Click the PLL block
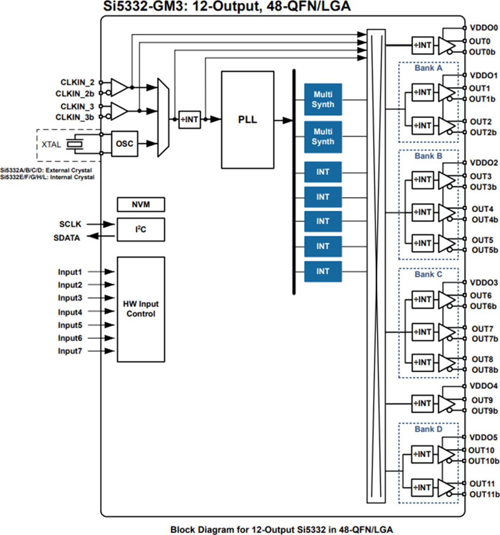pyautogui.click(x=248, y=119)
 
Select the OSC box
pyautogui.click(x=124, y=144)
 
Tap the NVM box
pyautogui.click(x=140, y=205)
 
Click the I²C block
pyautogui.click(x=140, y=230)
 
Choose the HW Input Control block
pyautogui.click(x=140, y=309)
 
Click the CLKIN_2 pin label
pyautogui.click(x=77, y=82)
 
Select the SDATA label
pyautogui.click(x=66, y=238)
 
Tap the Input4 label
pyautogui.click(x=70, y=312)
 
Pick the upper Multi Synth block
pyautogui.click(x=323, y=99)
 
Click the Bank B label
pyautogui.click(x=428, y=156)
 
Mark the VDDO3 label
pyautogui.click(x=483, y=283)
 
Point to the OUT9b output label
pyautogui.click(x=484, y=411)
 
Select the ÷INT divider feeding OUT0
pyautogui.click(x=422, y=45)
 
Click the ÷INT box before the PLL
pyautogui.click(x=190, y=119)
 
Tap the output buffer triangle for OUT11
pyautogui.click(x=446, y=488)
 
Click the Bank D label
pyautogui.click(x=428, y=429)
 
